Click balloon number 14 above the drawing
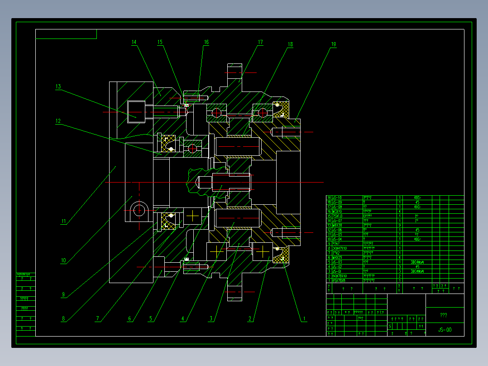tap(134, 42)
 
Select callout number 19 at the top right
tap(334, 44)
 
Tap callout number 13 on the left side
tap(58, 87)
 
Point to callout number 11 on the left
tap(64, 222)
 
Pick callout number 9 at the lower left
tap(63, 294)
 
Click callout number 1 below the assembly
tap(305, 319)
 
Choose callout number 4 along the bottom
tap(183, 319)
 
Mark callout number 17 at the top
tap(260, 42)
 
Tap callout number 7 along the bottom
tap(97, 319)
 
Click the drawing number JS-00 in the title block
tap(445, 330)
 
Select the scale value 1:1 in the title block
tap(421, 326)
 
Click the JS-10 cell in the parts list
tap(338, 198)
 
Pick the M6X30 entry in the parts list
tap(338, 225)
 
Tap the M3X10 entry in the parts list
tap(338, 212)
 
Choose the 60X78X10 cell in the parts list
tap(340, 276)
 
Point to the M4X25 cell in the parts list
tap(338, 257)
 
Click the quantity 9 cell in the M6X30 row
tap(400, 225)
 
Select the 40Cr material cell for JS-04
tap(417, 239)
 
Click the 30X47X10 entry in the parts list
tap(340, 248)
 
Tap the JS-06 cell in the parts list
tap(338, 230)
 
